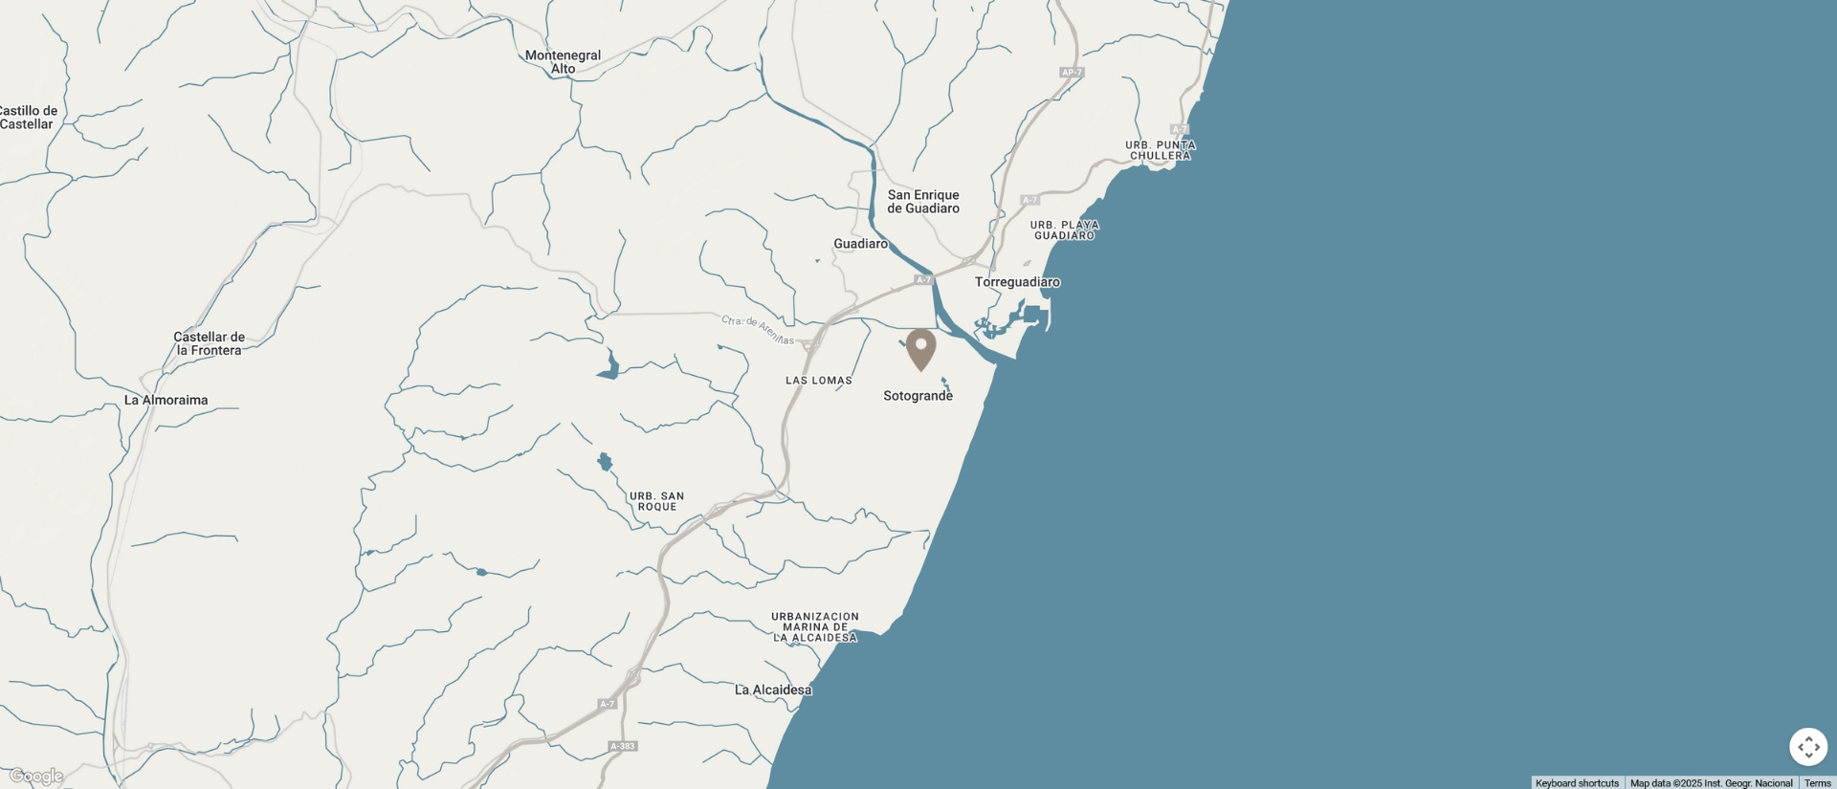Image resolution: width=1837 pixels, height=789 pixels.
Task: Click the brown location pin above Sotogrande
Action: [920, 347]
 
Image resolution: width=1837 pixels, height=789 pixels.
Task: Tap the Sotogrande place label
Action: [918, 396]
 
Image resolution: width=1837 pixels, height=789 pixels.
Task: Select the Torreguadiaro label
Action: [1017, 282]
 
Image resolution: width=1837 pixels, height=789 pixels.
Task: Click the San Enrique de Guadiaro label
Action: [922, 202]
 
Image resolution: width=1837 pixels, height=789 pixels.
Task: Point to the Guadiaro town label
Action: [860, 244]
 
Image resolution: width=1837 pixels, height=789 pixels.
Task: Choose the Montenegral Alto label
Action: [563, 62]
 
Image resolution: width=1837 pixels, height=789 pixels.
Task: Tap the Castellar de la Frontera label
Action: [209, 343]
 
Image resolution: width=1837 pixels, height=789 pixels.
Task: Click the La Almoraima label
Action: [166, 400]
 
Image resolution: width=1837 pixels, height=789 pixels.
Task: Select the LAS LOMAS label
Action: [818, 381]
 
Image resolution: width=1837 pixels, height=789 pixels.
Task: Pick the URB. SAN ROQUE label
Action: [656, 501]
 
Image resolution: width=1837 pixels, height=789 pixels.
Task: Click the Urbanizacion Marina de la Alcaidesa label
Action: [815, 627]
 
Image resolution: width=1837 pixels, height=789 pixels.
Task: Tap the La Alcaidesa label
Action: [773, 690]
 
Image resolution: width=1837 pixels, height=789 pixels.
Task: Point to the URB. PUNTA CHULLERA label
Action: [1160, 150]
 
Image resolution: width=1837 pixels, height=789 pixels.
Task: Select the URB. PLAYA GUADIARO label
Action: [1064, 230]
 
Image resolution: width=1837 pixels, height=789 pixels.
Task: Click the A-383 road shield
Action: [622, 746]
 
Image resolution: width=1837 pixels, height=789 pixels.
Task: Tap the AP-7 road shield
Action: [1071, 73]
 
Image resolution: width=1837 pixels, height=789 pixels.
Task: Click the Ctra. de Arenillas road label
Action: [757, 330]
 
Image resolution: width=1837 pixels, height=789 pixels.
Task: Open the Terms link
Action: [1817, 783]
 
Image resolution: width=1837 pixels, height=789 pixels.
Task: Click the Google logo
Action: [36, 777]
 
